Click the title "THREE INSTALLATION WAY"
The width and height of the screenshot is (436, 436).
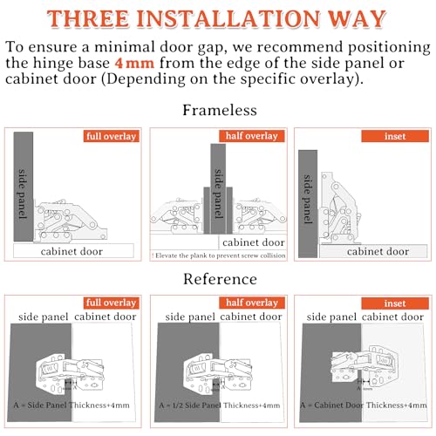(x=218, y=18)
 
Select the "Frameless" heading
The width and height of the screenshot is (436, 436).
(x=218, y=111)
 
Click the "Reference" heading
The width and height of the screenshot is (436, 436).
(x=218, y=279)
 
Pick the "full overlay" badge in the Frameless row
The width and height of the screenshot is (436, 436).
(x=111, y=136)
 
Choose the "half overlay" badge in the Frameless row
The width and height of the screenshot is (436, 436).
(x=253, y=136)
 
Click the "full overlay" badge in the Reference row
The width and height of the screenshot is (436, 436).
(x=111, y=303)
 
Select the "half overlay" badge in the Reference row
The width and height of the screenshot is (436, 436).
(x=253, y=303)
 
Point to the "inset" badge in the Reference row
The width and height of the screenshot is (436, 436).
(x=393, y=303)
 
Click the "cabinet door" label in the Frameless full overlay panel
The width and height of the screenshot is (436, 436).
(x=72, y=251)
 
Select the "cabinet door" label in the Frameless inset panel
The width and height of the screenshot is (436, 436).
(x=378, y=251)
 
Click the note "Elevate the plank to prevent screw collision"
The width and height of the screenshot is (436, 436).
(x=218, y=255)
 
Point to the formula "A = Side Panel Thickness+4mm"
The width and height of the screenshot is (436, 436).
(x=72, y=405)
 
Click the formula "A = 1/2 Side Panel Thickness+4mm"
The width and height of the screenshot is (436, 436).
(x=218, y=405)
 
